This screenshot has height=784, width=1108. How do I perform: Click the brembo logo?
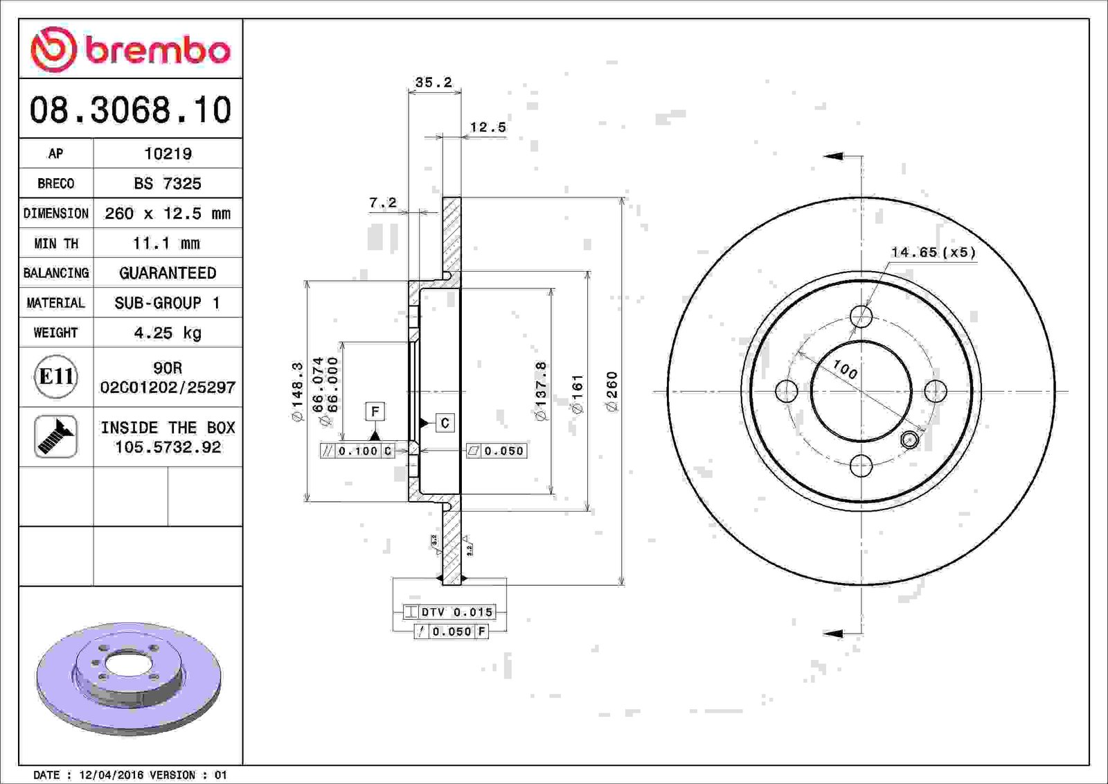coord(131,49)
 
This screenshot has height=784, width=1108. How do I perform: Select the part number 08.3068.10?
coord(131,110)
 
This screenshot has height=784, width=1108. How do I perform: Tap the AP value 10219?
coord(168,153)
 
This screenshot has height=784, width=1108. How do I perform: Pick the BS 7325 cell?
coord(168,183)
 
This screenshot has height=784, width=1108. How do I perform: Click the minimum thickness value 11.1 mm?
coord(167,243)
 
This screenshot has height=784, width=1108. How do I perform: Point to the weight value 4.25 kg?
coord(168,333)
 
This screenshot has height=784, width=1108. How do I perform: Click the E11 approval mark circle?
coord(56,377)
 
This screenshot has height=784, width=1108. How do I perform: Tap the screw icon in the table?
coord(55,436)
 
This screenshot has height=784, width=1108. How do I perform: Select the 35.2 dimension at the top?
coord(434,82)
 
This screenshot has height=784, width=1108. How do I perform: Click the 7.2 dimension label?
coord(383,202)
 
